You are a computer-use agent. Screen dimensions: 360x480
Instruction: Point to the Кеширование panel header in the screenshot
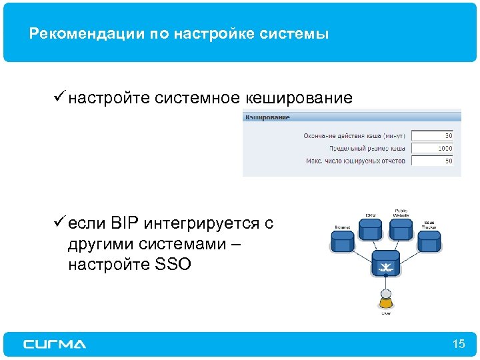(268, 118)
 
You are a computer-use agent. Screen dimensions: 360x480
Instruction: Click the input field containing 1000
(432, 148)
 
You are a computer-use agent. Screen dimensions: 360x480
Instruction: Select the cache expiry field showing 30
(432, 135)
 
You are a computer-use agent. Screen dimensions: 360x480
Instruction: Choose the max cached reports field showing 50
(432, 161)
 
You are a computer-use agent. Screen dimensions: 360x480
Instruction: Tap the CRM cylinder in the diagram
(371, 229)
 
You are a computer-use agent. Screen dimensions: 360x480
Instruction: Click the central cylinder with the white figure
(385, 265)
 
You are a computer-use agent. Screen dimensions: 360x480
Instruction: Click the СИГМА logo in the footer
(55, 344)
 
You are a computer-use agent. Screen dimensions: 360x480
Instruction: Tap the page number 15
(458, 344)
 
